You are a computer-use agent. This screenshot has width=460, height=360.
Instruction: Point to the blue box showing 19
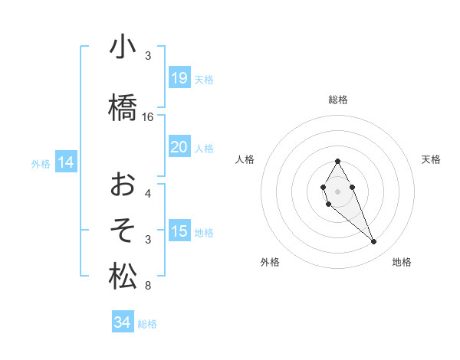pyautogui.click(x=179, y=78)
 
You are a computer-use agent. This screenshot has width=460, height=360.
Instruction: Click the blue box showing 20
pyautogui.click(x=179, y=146)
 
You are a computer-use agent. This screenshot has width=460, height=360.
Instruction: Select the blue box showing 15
pyautogui.click(x=179, y=231)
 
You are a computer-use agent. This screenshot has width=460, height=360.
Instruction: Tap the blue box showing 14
pyautogui.click(x=66, y=162)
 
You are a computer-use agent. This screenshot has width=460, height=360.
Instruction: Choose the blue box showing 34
pyautogui.click(x=123, y=323)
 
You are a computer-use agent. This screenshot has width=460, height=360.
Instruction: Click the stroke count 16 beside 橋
pyautogui.click(x=148, y=117)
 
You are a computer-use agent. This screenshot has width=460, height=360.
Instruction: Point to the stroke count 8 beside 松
pyautogui.click(x=148, y=286)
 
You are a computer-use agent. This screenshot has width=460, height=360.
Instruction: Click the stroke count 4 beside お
pyautogui.click(x=148, y=193)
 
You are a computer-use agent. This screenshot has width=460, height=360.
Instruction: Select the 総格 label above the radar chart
pyautogui.click(x=338, y=100)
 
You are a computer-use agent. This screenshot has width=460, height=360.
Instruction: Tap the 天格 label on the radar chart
pyautogui.click(x=432, y=159)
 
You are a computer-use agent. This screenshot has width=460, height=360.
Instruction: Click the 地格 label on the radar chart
pyautogui.click(x=402, y=263)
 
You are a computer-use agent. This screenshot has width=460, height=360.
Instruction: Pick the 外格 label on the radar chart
pyautogui.click(x=270, y=263)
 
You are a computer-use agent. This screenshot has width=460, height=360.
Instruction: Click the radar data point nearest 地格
pyautogui.click(x=374, y=242)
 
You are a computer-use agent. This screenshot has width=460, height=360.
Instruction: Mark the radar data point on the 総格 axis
pyautogui.click(x=337, y=161)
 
